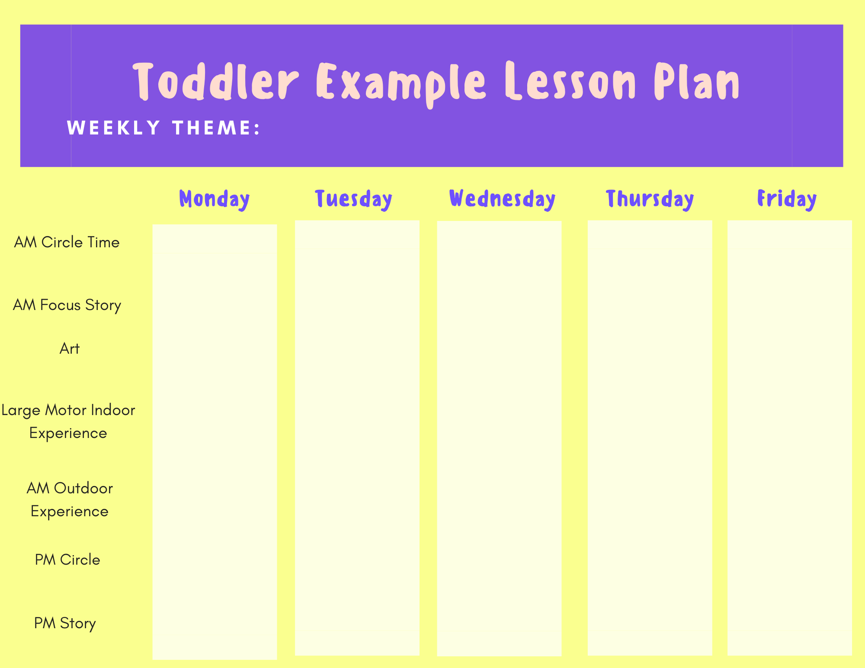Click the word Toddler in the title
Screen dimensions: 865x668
tap(216, 82)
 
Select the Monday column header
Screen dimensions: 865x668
tap(215, 199)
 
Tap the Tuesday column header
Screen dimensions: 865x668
tap(354, 199)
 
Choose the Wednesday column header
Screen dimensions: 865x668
tap(502, 199)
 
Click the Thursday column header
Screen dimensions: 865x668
tap(650, 199)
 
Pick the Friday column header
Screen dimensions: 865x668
tap(787, 199)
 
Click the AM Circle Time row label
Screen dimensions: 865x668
tap(67, 242)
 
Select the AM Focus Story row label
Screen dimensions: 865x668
tap(67, 305)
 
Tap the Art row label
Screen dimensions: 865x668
tap(70, 348)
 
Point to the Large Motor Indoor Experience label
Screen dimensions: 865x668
tap(68, 422)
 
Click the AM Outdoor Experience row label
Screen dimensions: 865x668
tap(70, 500)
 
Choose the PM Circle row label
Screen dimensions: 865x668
tap(67, 560)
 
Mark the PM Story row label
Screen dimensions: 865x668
tap(65, 623)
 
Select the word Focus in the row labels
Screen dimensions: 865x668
tap(61, 305)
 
